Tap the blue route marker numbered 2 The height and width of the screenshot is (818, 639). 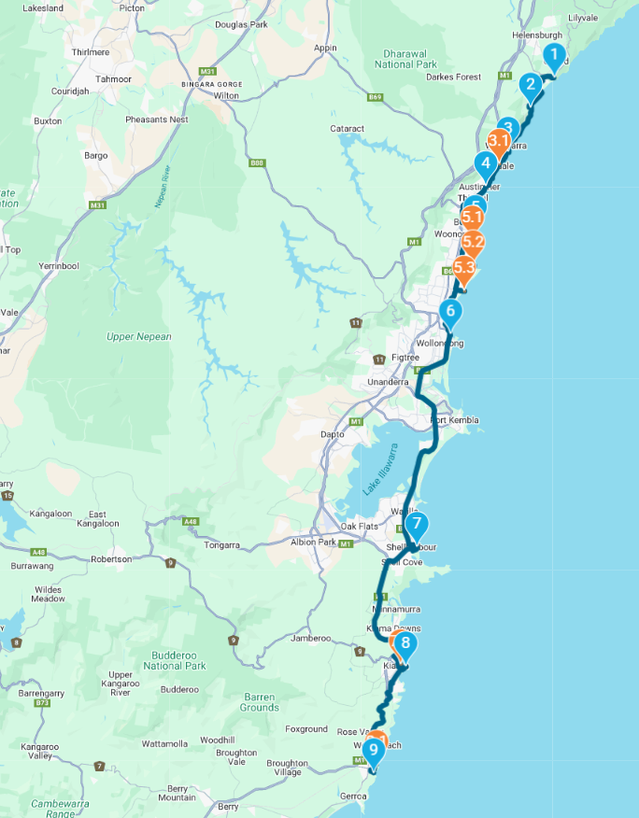(531, 87)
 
